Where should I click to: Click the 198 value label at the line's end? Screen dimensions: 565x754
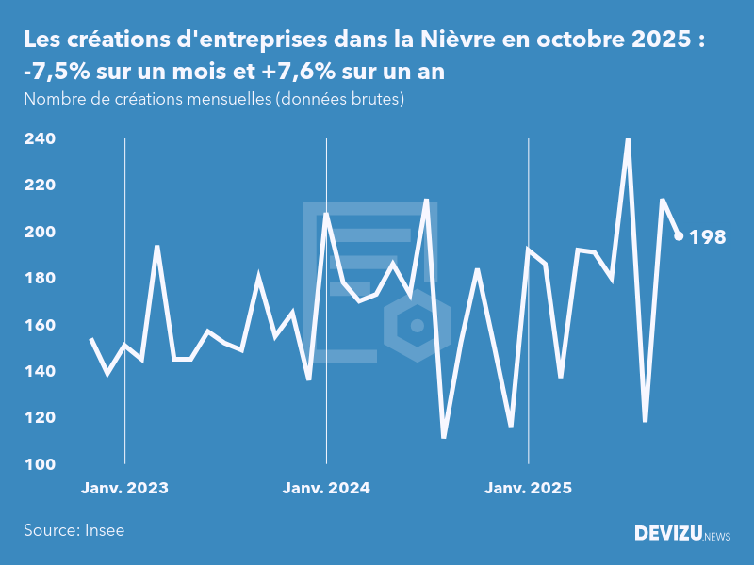[x=708, y=237]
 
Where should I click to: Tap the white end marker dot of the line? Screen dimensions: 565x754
[x=679, y=236]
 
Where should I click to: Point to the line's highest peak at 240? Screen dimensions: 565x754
[x=628, y=139]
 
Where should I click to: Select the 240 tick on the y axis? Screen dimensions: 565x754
[x=40, y=139]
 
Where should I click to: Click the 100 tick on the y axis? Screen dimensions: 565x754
[x=40, y=464]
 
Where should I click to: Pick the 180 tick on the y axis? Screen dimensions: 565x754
[x=40, y=279]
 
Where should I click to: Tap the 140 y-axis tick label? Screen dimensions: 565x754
[x=40, y=371]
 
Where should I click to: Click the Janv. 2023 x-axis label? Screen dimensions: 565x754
[x=124, y=488]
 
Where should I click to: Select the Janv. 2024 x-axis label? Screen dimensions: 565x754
[x=326, y=488]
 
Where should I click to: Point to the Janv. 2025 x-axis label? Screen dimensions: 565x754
[x=529, y=488]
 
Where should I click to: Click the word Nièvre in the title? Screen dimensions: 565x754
[x=472, y=40]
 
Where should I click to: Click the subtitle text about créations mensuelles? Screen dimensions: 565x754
[x=214, y=99]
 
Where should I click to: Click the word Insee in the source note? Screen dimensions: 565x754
[x=105, y=530]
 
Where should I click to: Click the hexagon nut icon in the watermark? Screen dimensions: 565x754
[x=416, y=326]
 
